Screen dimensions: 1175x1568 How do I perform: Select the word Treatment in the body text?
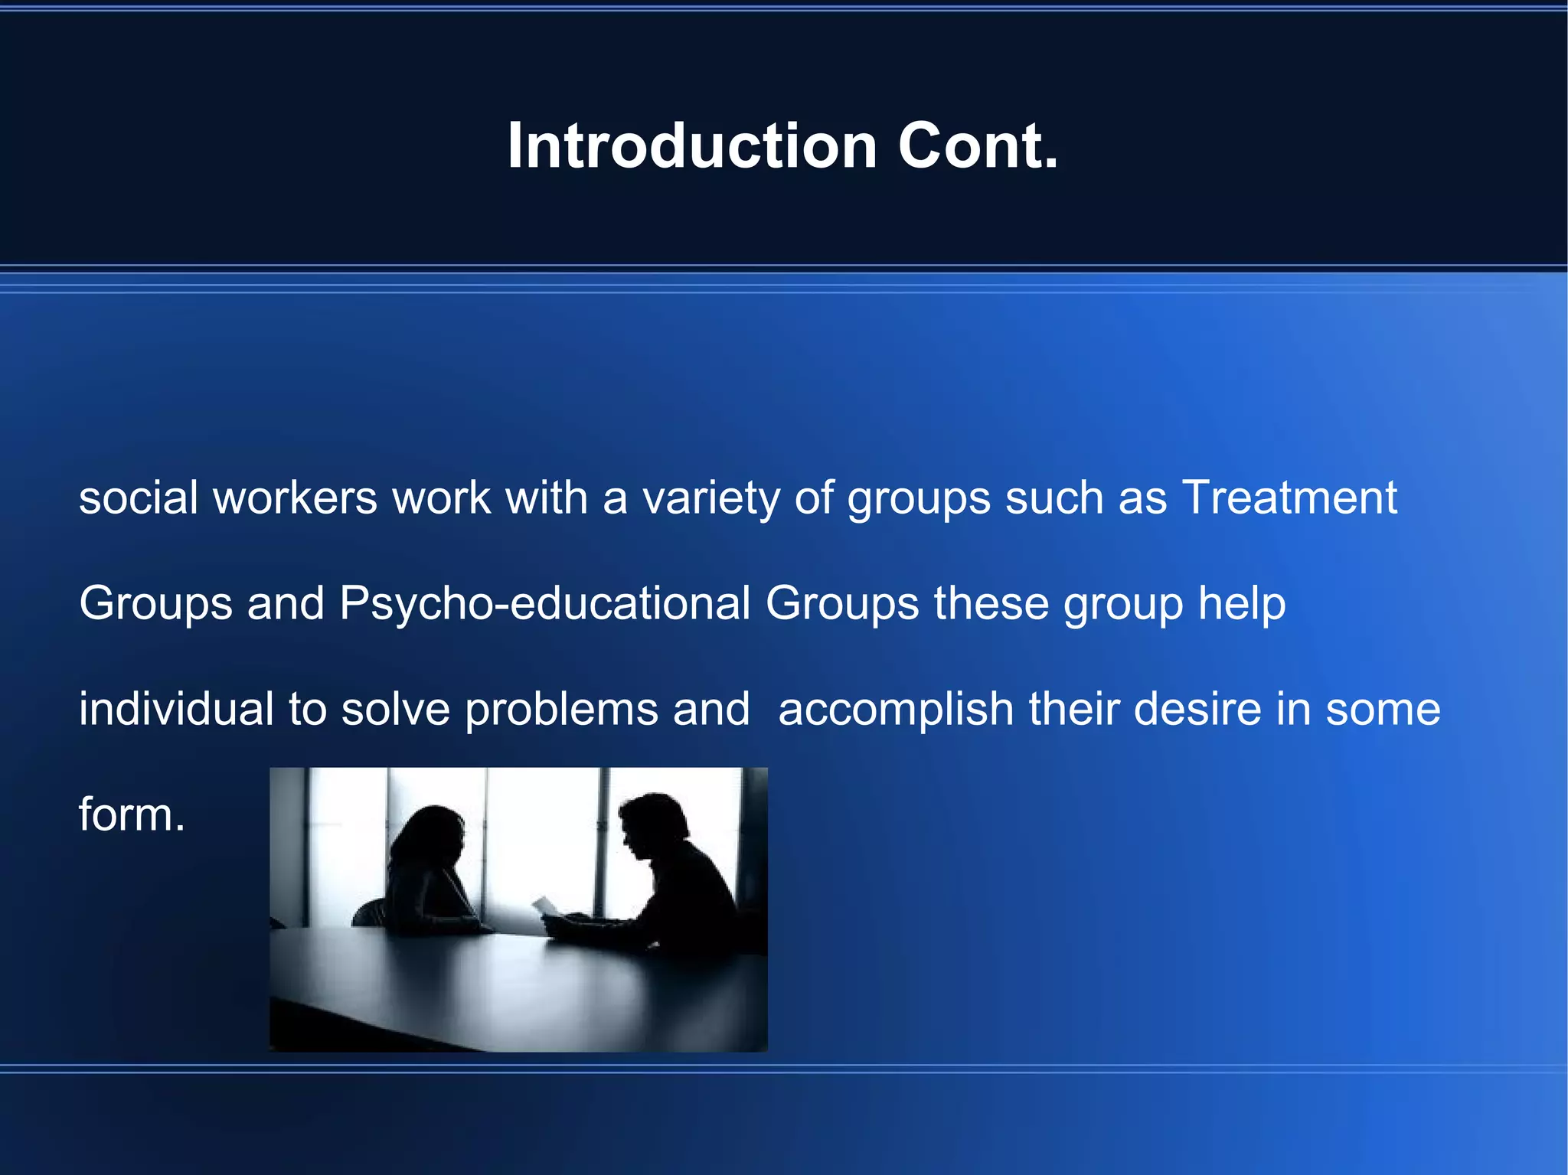coord(1289,498)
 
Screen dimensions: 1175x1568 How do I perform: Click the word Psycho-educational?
coord(544,603)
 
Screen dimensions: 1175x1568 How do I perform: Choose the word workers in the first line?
coord(295,498)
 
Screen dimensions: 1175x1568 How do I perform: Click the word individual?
coord(176,708)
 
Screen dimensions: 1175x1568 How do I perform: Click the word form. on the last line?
coord(132,814)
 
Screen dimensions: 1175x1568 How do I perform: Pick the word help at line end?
coord(1241,603)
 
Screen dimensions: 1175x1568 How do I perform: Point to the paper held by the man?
coord(546,906)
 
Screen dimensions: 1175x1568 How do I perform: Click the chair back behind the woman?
coord(371,913)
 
